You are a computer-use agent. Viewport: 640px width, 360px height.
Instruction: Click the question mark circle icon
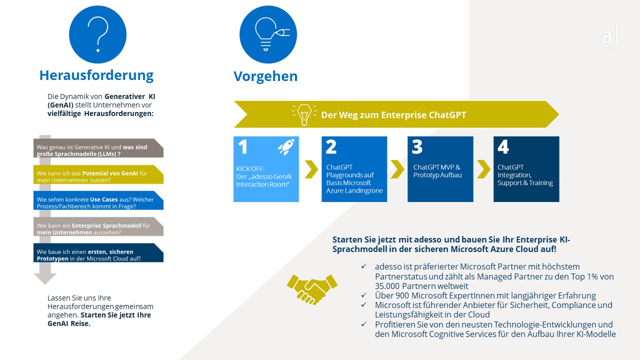[97, 34]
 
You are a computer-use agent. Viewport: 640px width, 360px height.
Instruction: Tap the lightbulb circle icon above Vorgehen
[268, 34]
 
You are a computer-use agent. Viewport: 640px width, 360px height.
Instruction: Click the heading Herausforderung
[96, 75]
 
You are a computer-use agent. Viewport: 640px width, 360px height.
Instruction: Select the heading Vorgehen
[265, 76]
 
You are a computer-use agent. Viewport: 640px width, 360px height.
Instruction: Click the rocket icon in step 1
[286, 147]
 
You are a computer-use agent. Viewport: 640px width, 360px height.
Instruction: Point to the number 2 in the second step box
[331, 147]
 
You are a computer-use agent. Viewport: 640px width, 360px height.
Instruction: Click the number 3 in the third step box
[417, 147]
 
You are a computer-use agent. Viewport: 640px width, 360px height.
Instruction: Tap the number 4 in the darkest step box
[503, 147]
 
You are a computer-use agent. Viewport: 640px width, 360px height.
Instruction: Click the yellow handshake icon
[312, 289]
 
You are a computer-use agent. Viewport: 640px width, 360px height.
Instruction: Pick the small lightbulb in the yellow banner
[304, 115]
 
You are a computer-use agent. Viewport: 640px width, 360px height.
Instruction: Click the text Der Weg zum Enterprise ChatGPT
[393, 115]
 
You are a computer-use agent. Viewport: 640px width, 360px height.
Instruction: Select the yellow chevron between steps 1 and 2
[311, 169]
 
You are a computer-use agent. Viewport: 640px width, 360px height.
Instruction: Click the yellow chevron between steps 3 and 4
[483, 169]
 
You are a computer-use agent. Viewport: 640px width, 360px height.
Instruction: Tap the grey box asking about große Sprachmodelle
[98, 148]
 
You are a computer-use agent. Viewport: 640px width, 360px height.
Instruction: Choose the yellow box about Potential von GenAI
[98, 174]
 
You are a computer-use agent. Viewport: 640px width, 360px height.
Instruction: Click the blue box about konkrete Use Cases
[98, 200]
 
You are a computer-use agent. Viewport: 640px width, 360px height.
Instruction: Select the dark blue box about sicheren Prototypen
[98, 252]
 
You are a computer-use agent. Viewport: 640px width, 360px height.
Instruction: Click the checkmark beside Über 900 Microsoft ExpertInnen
[363, 295]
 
